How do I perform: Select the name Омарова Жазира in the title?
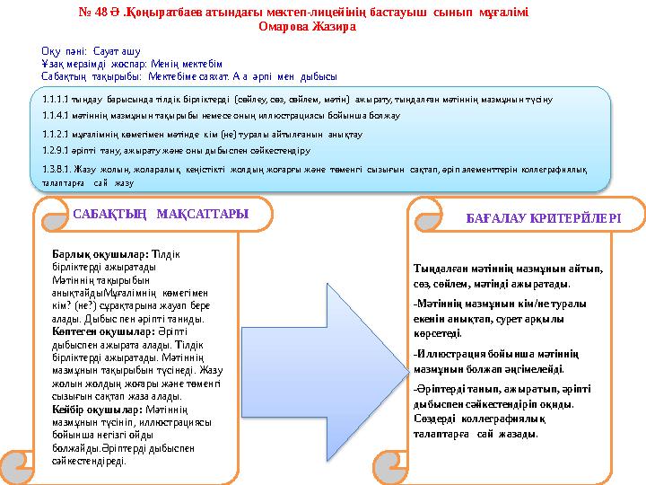[x=308, y=27]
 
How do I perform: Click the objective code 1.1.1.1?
[x=56, y=99]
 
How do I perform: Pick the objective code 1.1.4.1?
[x=56, y=116]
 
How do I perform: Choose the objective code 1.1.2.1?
[x=56, y=134]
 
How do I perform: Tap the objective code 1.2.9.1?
[x=56, y=151]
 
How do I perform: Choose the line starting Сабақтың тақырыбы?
[x=188, y=75]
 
